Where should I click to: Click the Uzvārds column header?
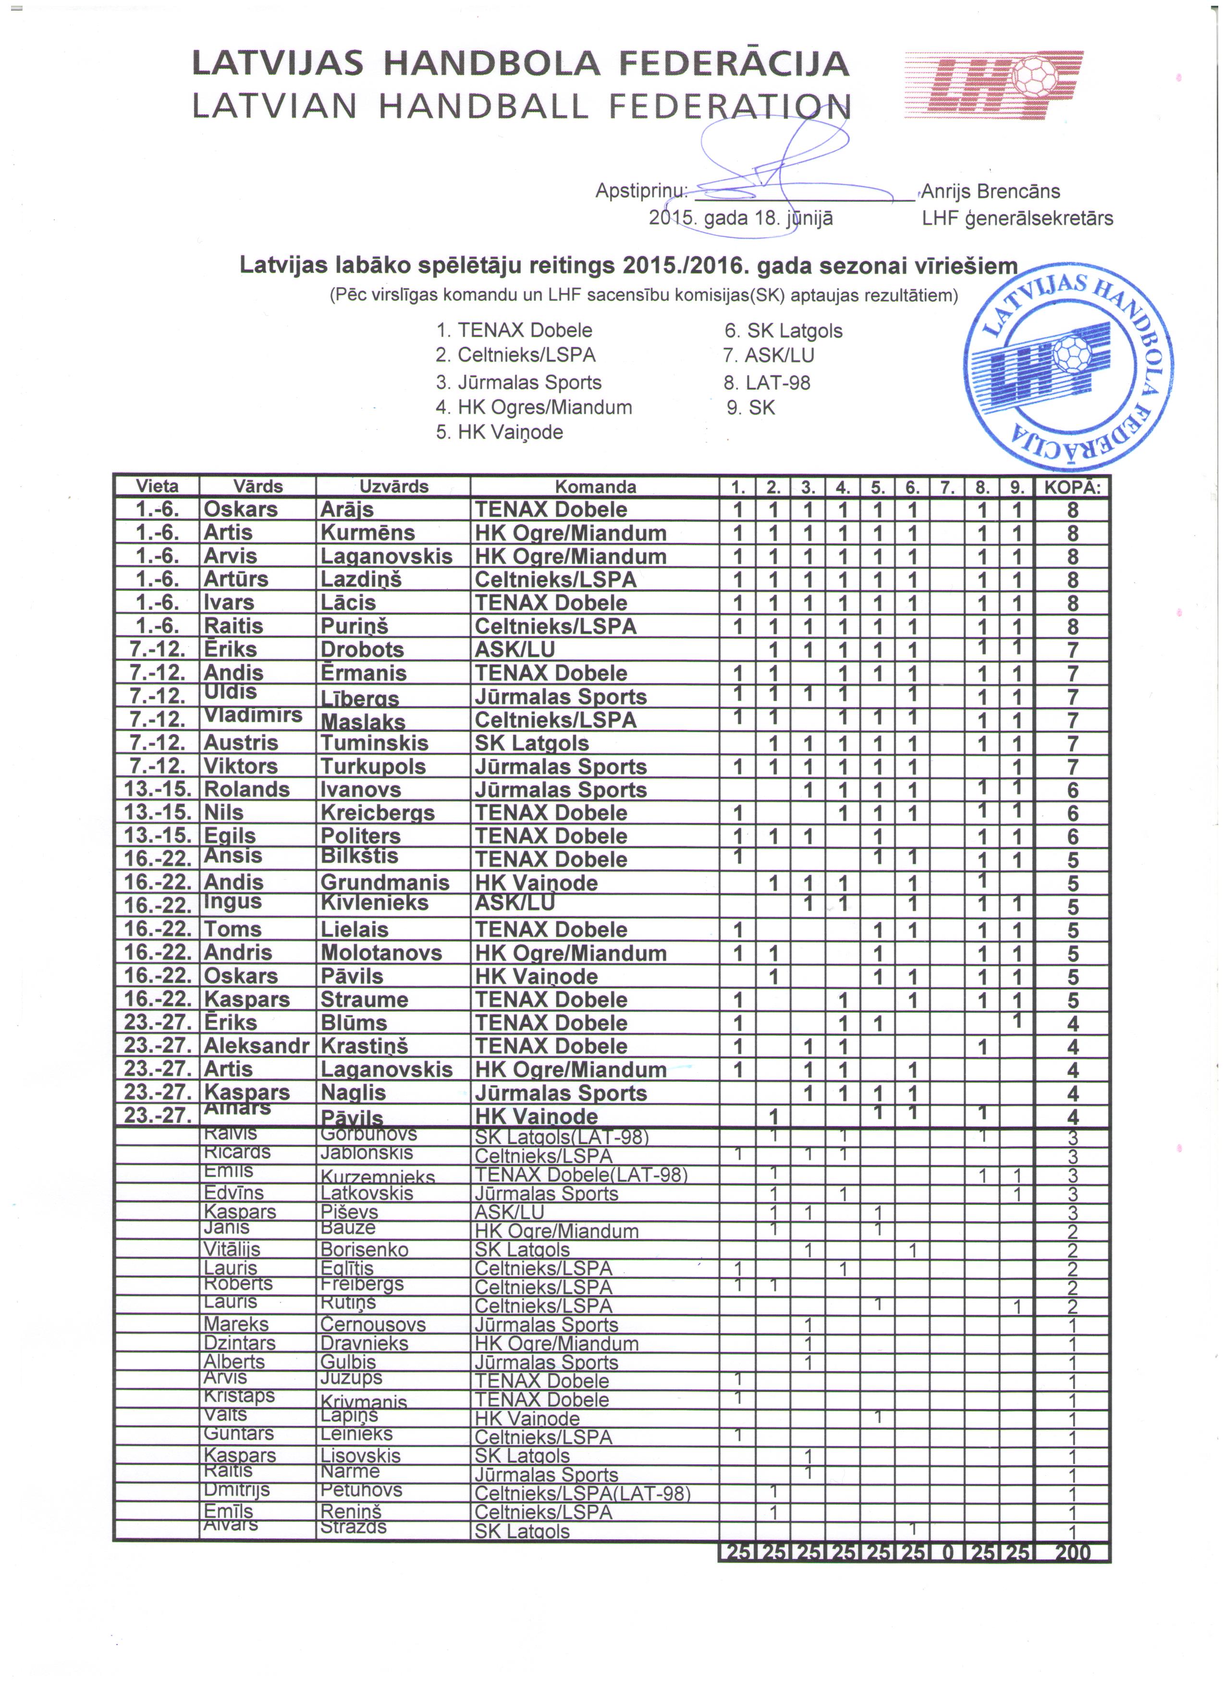[394, 487]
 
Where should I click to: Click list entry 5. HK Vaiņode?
[499, 432]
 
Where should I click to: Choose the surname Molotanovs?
[381, 953]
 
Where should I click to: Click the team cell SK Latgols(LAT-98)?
[561, 1137]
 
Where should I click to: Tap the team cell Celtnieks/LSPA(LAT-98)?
[582, 1494]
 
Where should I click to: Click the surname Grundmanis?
[385, 883]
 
